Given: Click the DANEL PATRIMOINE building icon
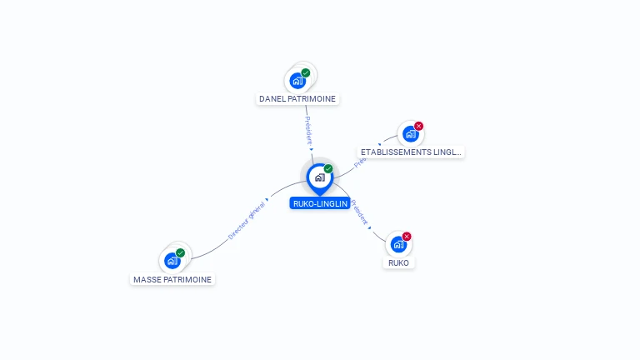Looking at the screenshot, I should pos(297,82).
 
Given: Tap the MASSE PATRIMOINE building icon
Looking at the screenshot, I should pos(172,261).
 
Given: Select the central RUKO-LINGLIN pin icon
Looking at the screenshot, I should pos(319,177).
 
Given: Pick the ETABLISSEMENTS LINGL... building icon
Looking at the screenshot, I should pos(409,134).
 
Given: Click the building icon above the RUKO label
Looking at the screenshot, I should pos(398,245).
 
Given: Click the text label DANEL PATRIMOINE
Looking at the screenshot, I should pos(297,98).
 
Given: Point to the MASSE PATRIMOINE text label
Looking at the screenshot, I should pos(172,280).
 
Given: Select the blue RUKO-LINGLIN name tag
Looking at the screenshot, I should pos(320,203).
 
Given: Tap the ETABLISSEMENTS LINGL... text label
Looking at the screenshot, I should pos(410,152).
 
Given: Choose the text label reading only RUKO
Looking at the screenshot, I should pos(399,262).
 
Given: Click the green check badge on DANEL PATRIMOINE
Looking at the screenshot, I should pos(306,73).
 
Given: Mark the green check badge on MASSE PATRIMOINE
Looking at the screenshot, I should pos(181,252).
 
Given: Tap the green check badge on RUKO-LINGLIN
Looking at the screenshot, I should pos(328,169).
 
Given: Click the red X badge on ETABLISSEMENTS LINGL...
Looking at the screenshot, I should pos(418,126).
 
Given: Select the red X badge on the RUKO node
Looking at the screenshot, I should pos(407,237).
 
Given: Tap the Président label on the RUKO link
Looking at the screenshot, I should pos(359,213).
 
